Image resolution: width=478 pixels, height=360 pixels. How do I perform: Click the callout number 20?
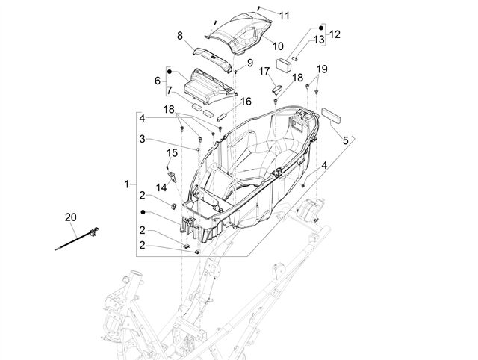[71, 217]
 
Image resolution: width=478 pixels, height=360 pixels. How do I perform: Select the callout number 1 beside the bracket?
[127, 184]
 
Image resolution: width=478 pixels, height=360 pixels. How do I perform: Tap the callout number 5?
[345, 140]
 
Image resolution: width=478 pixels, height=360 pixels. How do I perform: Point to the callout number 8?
[180, 36]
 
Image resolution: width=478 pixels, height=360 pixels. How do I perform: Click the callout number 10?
[278, 46]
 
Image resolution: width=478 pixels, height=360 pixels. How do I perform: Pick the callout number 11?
[284, 16]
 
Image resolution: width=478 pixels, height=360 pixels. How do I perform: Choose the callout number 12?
[335, 34]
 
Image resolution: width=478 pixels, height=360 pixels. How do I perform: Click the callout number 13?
[319, 40]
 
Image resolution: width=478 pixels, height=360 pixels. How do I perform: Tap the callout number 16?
[246, 102]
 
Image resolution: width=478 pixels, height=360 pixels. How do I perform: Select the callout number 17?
[264, 72]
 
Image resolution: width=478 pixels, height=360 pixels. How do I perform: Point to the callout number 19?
[322, 69]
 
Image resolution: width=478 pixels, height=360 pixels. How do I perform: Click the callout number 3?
[142, 140]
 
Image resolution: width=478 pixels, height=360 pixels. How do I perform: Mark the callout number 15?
[172, 152]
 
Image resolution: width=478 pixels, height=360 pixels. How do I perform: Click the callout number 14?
[161, 187]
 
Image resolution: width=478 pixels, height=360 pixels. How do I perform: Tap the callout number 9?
[250, 63]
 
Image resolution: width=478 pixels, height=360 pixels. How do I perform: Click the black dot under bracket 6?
[170, 72]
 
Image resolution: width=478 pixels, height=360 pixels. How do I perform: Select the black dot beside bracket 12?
[320, 28]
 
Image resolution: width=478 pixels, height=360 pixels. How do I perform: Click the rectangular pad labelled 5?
[331, 115]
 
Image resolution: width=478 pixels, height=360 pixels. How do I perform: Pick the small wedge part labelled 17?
[276, 90]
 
